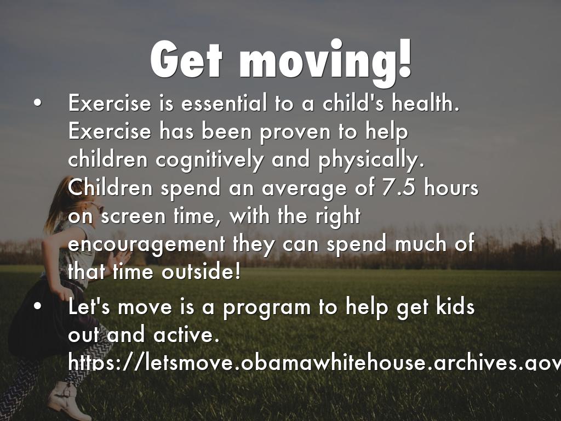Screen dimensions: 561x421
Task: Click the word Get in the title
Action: (186, 60)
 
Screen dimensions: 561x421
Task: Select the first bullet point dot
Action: (37, 103)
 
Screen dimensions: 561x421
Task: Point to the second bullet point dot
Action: (37, 307)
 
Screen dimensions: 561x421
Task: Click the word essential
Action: (224, 103)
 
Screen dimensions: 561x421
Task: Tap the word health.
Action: (425, 103)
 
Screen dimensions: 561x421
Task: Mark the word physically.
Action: (371, 161)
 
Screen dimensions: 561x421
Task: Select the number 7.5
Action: (399, 187)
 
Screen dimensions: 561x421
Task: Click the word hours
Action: (451, 187)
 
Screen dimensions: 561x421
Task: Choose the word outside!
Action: (201, 271)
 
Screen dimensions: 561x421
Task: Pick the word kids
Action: (455, 307)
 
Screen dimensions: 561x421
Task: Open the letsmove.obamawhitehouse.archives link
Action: (314, 362)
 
